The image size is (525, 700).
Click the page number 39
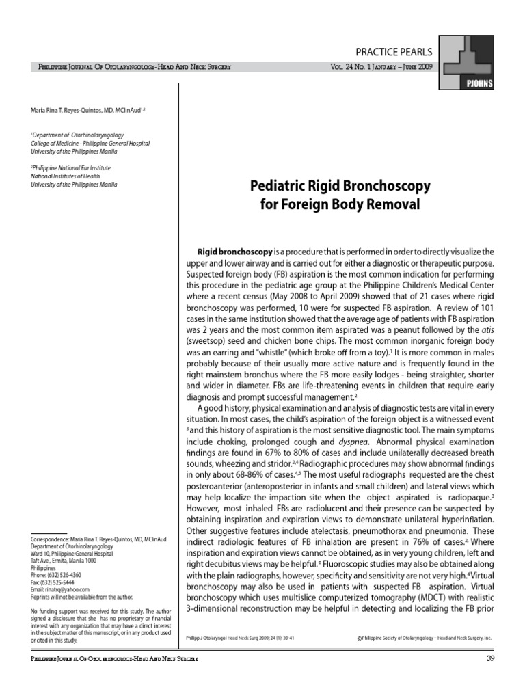coord(489,658)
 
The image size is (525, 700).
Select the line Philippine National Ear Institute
coord(71,168)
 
